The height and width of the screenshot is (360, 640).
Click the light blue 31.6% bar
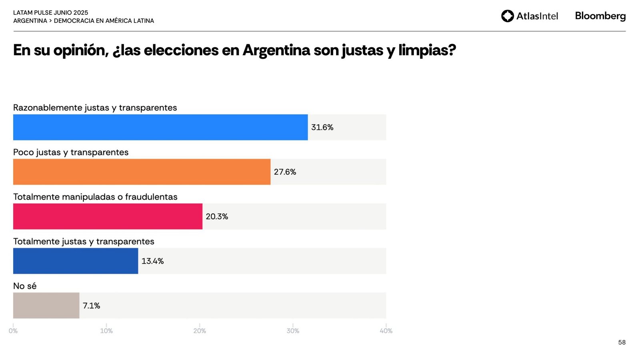point(160,127)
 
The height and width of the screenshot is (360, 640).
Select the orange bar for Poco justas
point(142,172)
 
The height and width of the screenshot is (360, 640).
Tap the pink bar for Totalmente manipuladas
point(108,216)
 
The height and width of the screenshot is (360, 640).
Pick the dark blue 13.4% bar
point(76,261)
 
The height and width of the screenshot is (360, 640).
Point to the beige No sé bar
point(46,306)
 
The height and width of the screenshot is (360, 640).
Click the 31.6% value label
point(322,127)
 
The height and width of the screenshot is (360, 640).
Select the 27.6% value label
point(285,172)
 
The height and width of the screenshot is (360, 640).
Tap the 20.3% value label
point(217,216)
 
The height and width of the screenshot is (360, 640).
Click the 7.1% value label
point(91,306)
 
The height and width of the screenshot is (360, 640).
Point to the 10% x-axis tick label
point(106,331)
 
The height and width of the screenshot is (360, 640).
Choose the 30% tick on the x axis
point(293,331)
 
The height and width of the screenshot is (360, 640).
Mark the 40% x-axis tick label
point(386,331)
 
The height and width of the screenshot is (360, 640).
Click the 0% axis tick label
point(13,331)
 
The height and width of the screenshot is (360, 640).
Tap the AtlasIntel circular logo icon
point(507,16)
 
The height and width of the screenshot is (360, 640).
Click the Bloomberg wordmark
point(600,16)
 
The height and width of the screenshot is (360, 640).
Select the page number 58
point(622,342)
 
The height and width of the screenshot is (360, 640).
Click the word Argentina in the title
point(276,50)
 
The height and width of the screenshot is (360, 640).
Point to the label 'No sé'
point(25,286)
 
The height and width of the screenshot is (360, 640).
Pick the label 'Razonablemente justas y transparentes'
point(95,108)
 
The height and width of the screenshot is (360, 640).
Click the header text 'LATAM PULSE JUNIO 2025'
point(50,13)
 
